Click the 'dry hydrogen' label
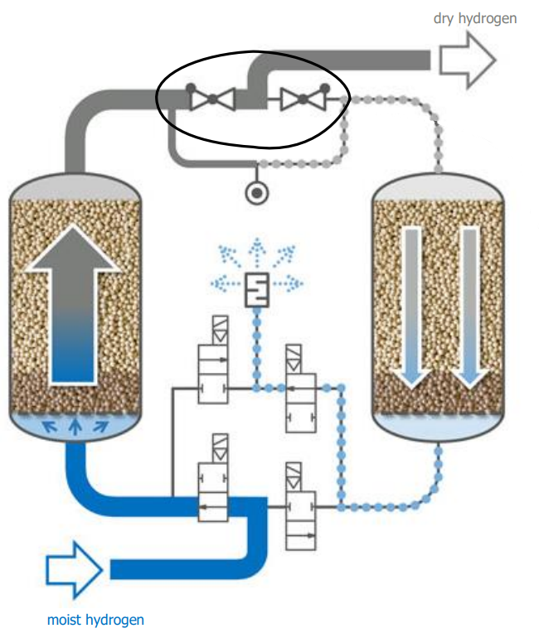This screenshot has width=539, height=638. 475,18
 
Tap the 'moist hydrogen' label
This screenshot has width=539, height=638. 95,619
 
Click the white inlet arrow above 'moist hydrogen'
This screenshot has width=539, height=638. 74,569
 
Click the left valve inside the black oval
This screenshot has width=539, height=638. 212,100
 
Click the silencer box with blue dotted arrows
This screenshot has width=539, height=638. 257,288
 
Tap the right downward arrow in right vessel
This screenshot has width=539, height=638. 470,307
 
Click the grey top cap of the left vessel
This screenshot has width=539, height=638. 75,186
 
